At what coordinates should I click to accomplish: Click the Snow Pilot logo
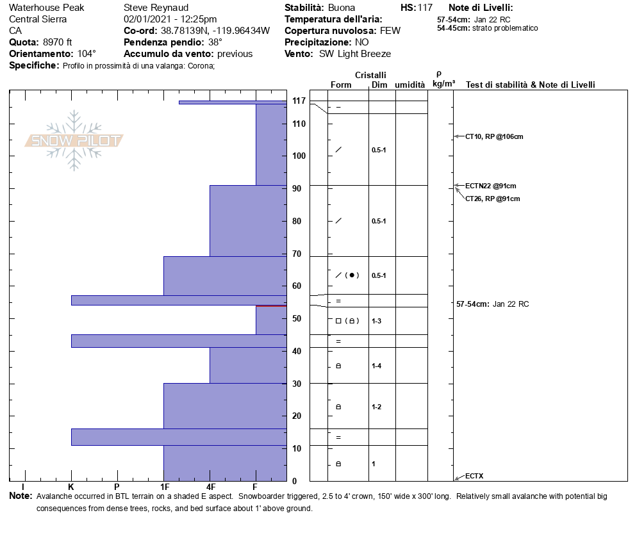(74, 141)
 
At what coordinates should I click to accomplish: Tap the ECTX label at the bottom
(474, 476)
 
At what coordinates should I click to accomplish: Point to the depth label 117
(299, 101)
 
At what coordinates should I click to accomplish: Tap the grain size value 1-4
(377, 366)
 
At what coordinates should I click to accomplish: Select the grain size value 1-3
(377, 321)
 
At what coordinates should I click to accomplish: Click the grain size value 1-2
(377, 407)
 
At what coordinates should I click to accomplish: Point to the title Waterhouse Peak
(46, 8)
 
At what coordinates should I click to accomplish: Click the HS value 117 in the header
(425, 8)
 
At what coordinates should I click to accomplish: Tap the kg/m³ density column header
(443, 84)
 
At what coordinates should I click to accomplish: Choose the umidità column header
(409, 85)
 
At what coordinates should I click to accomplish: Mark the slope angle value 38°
(215, 42)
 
